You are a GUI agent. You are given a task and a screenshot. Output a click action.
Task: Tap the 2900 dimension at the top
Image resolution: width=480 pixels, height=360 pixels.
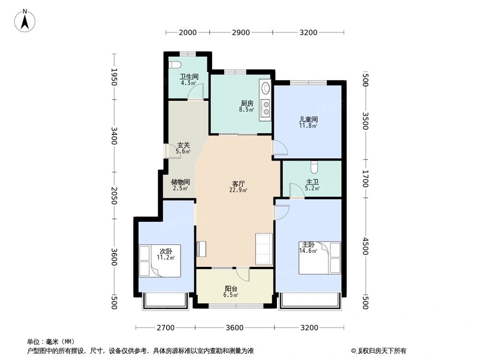[240, 33]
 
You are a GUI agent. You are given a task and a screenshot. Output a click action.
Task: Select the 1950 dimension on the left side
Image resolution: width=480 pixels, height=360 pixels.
[114, 77]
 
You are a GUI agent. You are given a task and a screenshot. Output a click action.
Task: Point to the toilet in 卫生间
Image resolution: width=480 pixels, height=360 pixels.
[174, 65]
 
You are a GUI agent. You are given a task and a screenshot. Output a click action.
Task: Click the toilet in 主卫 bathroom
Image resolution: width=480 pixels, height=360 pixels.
[314, 167]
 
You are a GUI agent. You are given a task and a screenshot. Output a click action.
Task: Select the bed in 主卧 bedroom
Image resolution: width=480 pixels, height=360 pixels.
[320, 258]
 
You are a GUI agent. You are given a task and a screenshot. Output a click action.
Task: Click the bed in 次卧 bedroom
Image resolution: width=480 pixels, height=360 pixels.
[159, 261]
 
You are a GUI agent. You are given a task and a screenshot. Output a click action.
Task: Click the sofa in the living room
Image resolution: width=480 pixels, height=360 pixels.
[264, 249]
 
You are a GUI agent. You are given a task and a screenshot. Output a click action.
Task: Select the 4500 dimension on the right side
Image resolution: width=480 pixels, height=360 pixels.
[365, 246]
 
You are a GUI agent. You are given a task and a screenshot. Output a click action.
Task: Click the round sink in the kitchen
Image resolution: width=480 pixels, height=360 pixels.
[265, 88]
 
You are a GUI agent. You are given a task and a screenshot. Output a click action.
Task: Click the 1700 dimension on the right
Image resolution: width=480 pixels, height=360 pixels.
[365, 179]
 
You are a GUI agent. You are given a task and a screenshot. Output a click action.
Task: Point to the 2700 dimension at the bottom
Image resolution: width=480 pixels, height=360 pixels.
[165, 328]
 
